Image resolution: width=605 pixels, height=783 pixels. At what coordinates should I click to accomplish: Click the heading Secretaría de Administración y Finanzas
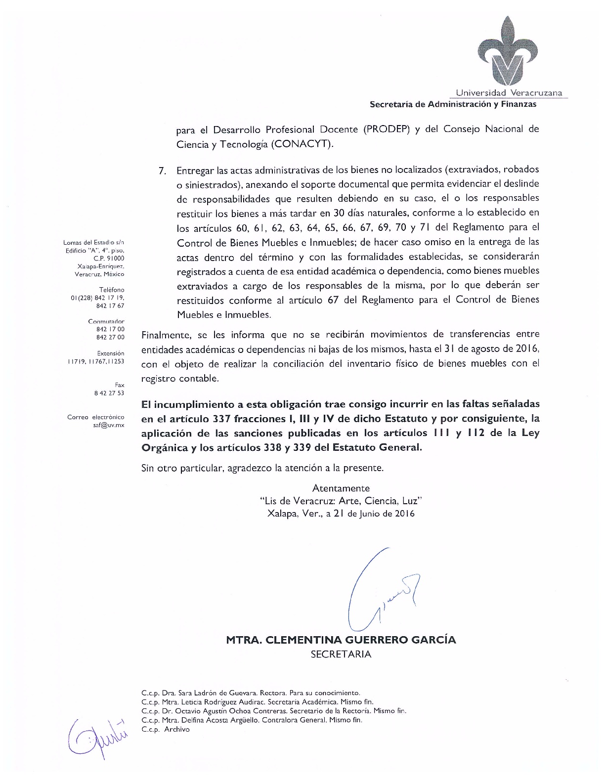click(453, 104)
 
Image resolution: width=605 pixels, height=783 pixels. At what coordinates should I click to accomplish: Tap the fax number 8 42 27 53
click(109, 393)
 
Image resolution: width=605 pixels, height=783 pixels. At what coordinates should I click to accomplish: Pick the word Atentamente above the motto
click(341, 488)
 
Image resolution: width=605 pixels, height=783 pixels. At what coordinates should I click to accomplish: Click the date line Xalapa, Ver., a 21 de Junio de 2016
click(341, 513)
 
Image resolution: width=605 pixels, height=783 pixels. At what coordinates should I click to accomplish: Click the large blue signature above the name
click(381, 588)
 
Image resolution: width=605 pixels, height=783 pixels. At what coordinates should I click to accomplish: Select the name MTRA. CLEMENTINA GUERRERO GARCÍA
click(341, 640)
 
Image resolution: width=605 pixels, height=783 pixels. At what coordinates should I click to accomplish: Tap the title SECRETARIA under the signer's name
click(341, 654)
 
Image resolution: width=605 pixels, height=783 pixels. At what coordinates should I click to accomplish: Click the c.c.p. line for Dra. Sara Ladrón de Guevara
click(251, 693)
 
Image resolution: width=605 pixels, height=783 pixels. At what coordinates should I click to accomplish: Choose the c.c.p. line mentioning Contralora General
click(252, 720)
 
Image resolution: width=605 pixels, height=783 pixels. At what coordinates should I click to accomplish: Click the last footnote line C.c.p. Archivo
click(165, 729)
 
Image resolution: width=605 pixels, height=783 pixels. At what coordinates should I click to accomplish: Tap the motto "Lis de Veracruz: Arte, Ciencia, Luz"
click(341, 501)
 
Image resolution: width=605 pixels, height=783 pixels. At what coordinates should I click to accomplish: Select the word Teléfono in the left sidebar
click(112, 290)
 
